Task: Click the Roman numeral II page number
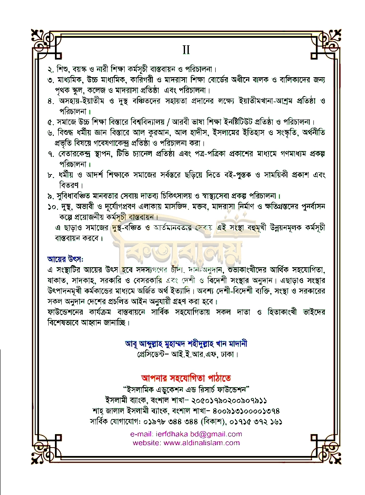click(186, 50)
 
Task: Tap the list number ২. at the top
click(51, 69)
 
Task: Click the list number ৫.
click(51, 122)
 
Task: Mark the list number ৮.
click(51, 175)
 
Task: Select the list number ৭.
click(51, 154)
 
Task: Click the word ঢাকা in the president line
click(229, 354)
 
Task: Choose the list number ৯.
click(51, 196)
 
